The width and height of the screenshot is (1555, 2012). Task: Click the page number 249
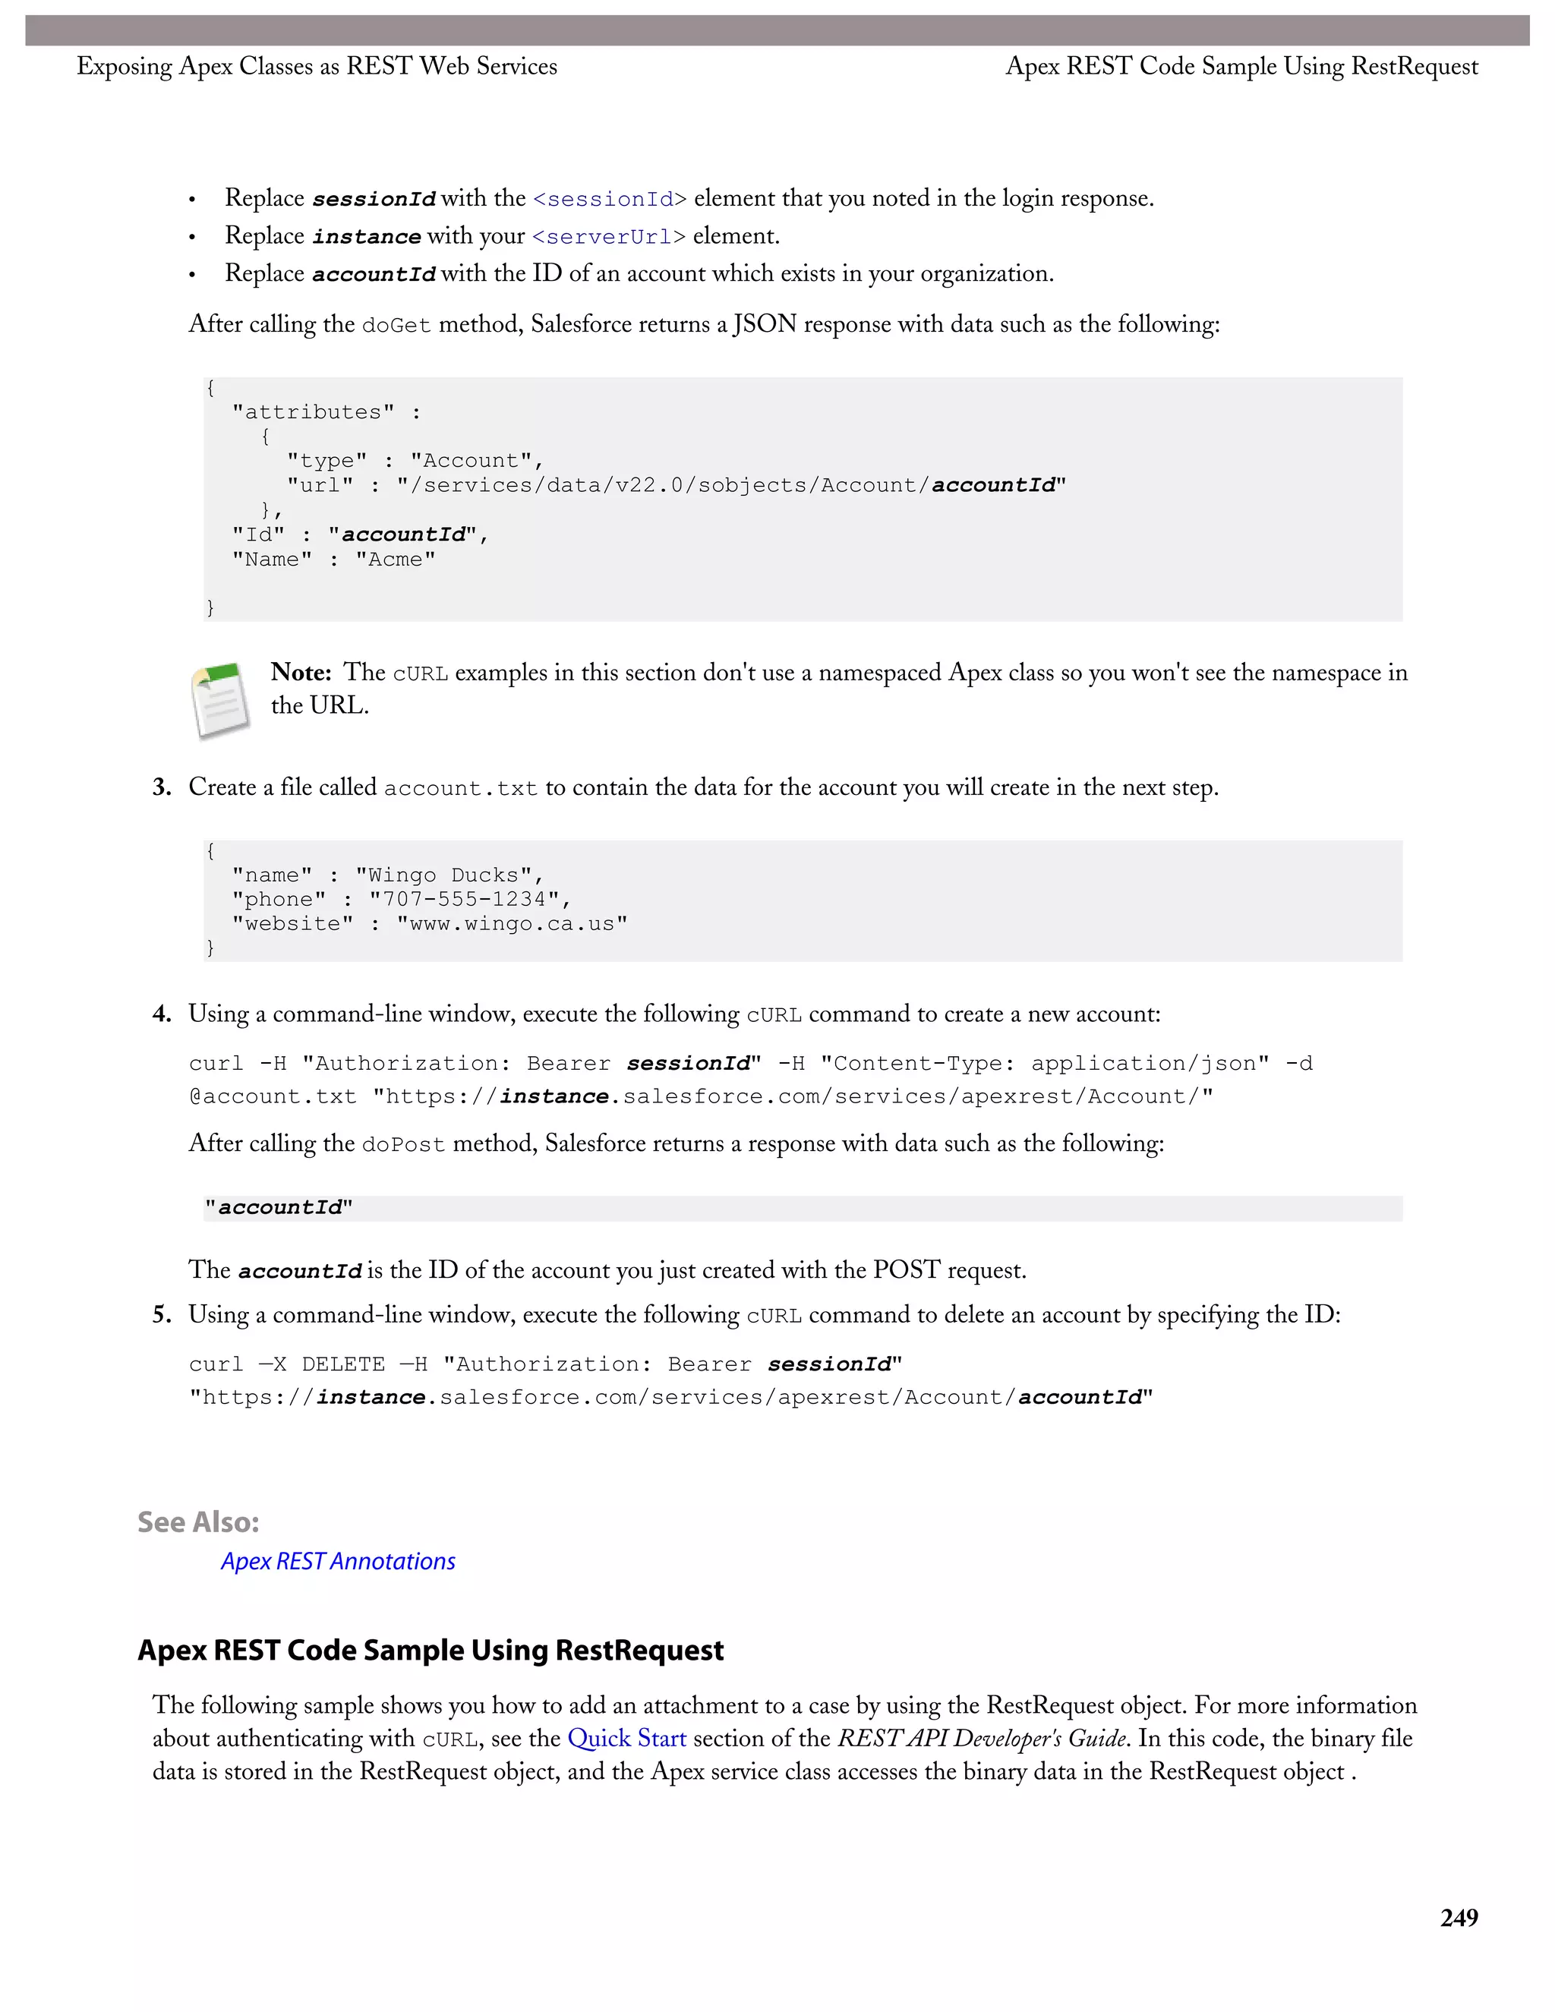(x=1459, y=1918)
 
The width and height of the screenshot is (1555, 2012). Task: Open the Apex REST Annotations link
(x=337, y=1562)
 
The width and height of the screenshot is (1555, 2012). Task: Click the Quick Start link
(x=626, y=1739)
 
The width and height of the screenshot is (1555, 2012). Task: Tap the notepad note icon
(x=220, y=700)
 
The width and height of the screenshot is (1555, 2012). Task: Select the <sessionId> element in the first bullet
(x=610, y=199)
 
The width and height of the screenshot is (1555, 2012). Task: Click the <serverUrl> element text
(x=609, y=237)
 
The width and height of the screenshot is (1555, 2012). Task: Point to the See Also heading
(x=198, y=1522)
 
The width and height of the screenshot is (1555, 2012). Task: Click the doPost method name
(x=402, y=1145)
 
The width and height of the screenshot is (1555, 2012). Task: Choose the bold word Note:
(x=301, y=673)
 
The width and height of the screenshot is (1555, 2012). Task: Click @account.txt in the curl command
(x=273, y=1097)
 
